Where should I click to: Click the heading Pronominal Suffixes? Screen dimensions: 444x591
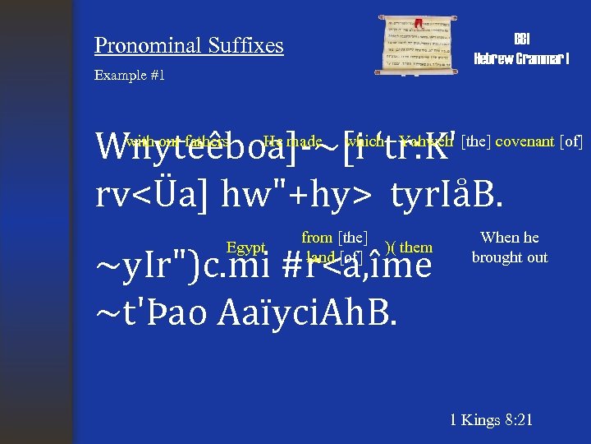[189, 45]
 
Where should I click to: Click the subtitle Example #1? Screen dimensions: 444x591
[130, 76]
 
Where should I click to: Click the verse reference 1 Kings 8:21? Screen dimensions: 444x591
[492, 420]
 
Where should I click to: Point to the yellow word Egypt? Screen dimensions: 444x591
[247, 247]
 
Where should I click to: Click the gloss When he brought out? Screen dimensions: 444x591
[510, 247]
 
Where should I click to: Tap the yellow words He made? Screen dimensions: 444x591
[292, 141]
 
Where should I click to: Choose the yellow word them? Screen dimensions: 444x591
[416, 247]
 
